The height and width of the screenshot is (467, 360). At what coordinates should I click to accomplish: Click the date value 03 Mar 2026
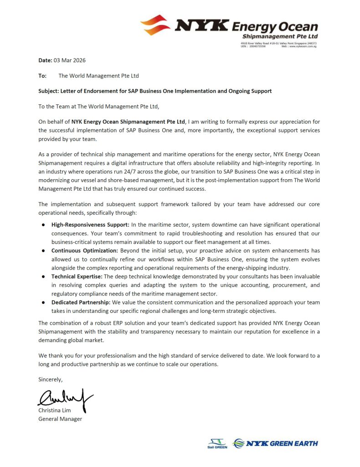tap(70, 60)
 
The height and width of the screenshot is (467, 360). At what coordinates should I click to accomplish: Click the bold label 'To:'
tap(42, 76)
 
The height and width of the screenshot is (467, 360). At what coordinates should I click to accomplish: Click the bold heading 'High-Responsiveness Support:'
tap(90, 225)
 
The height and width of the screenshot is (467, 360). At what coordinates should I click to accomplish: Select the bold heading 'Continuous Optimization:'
tap(85, 251)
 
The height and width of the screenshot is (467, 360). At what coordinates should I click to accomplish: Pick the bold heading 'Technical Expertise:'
tap(77, 276)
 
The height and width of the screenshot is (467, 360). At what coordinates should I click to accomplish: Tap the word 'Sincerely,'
tap(50, 379)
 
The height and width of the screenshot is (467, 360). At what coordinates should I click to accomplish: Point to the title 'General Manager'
tap(60, 419)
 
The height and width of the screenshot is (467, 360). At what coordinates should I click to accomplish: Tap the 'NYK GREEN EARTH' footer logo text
tap(283, 443)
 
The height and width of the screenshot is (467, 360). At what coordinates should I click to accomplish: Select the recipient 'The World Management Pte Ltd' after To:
tap(98, 76)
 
